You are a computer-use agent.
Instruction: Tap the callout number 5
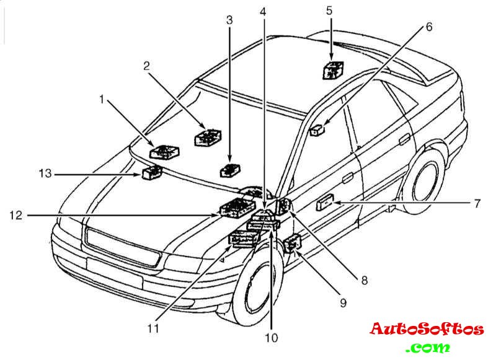pos(330,11)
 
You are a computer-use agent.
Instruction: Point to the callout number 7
pos(477,203)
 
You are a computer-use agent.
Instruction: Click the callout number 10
pos(270,338)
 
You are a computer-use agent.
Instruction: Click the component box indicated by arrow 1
pos(165,151)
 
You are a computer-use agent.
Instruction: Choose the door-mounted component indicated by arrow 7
pos(325,203)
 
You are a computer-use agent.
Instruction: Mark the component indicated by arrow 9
pos(291,244)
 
